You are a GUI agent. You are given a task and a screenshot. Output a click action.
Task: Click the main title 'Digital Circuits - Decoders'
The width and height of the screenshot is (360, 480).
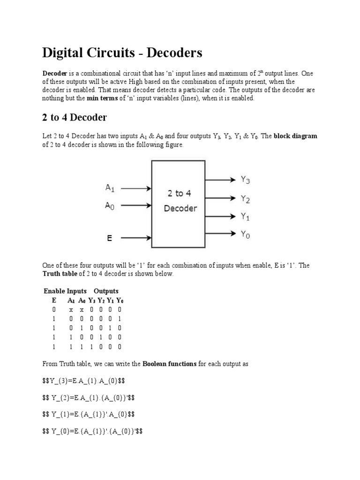coord(122,52)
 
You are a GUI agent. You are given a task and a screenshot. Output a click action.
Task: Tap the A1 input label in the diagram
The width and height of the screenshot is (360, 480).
coord(110,188)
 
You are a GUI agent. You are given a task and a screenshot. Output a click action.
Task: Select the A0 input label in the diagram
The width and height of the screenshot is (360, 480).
coord(110,205)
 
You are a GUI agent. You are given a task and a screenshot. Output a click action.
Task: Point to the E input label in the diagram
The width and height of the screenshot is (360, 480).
coord(109,238)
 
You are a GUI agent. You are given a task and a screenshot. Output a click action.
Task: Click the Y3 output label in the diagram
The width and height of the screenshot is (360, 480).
coord(245,179)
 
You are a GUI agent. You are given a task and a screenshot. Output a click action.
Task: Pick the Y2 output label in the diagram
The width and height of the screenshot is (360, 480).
coord(245,199)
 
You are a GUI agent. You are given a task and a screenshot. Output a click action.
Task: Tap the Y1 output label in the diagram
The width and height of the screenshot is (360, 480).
coord(245,216)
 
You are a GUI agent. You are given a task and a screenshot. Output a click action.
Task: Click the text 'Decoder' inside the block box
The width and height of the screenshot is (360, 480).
coord(180,209)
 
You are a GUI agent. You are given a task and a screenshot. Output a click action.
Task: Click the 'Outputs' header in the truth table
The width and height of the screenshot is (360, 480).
coord(106,291)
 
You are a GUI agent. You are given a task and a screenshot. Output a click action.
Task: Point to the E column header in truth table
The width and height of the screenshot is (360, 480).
coord(54,300)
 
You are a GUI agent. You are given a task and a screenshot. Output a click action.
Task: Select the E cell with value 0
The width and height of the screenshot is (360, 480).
coord(54,310)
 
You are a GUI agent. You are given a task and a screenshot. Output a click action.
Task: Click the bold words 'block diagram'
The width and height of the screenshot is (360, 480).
coord(295,136)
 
